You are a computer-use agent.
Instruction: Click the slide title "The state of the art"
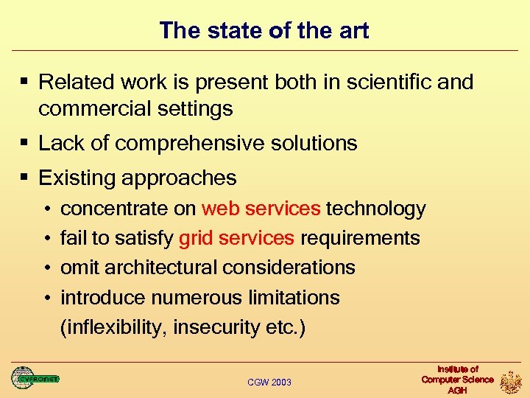(x=264, y=30)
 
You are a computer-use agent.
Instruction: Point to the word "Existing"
(x=77, y=178)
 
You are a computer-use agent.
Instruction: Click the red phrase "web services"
(x=261, y=209)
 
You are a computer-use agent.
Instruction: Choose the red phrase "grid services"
(x=236, y=238)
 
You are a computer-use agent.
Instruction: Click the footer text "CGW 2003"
(x=269, y=382)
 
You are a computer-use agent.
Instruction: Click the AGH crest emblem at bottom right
(x=510, y=381)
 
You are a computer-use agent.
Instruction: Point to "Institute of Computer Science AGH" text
(x=457, y=380)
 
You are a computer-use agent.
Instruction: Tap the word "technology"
(x=375, y=209)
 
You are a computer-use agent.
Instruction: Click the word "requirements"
(x=360, y=238)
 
